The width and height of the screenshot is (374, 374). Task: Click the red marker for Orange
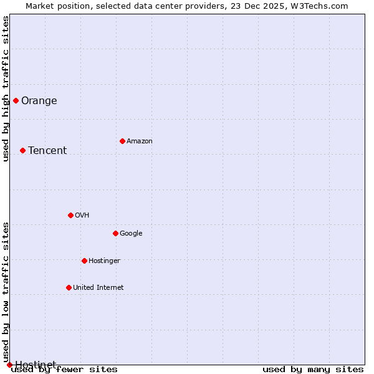(16, 100)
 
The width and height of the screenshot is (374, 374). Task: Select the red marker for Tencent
(22, 150)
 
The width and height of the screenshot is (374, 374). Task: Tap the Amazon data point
(122, 141)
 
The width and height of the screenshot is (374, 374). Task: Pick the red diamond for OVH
(70, 215)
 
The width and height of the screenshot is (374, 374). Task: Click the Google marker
(115, 233)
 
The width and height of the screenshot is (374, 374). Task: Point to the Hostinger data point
(84, 261)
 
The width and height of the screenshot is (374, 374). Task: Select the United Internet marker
(69, 287)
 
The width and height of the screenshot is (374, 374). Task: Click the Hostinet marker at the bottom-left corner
(9, 365)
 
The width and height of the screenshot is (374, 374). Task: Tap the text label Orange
(39, 101)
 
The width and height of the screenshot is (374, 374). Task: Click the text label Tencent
(47, 151)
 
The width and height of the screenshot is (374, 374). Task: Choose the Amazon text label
(140, 141)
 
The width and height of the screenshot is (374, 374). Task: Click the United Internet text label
(98, 288)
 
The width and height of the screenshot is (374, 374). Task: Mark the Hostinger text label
(104, 261)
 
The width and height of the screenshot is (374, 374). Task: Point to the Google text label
(131, 234)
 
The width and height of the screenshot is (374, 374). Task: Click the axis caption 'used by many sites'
(313, 370)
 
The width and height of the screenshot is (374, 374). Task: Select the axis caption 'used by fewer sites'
(64, 370)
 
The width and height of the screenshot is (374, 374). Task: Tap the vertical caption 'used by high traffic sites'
(6, 89)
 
